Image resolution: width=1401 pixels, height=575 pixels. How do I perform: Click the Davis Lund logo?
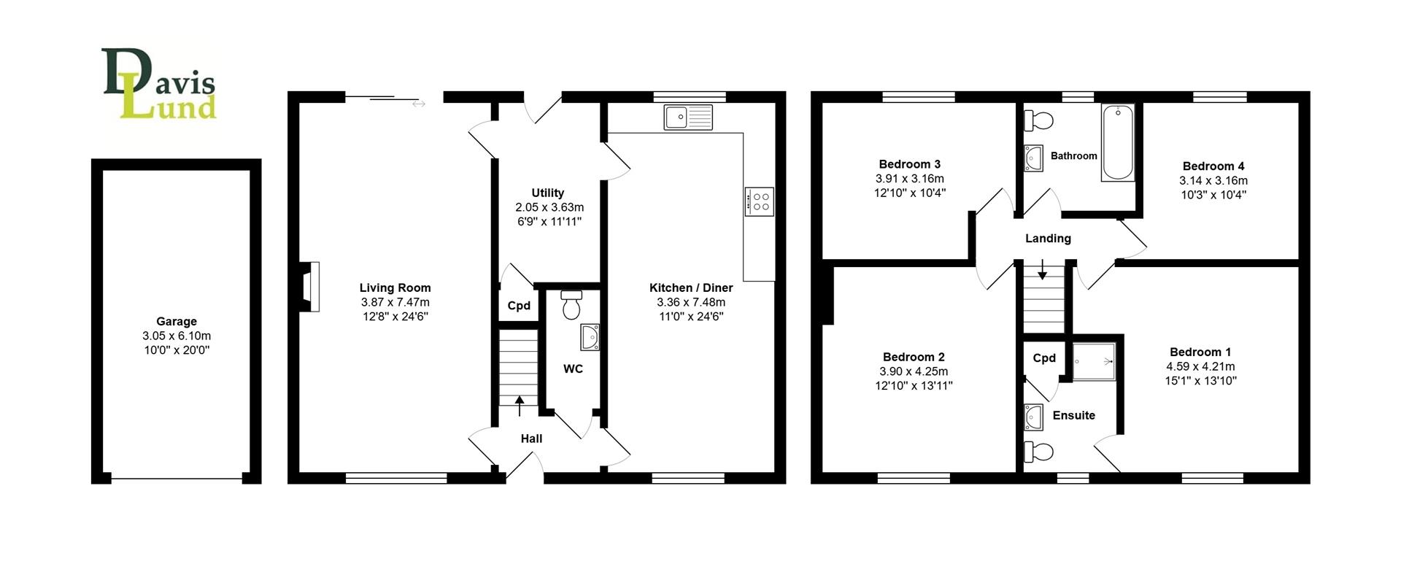tap(159, 84)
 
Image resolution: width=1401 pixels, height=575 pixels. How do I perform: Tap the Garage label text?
tap(176, 321)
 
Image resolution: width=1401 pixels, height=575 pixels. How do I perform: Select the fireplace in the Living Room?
tap(311, 287)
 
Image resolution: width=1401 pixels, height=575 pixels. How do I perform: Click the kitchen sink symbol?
tap(687, 117)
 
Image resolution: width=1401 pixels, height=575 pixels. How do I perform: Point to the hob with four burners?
tap(759, 201)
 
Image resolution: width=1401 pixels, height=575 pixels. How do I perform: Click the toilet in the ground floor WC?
tap(571, 304)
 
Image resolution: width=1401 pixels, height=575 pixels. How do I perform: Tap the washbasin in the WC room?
tap(590, 338)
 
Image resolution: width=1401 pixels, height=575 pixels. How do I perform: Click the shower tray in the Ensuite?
tap(1094, 361)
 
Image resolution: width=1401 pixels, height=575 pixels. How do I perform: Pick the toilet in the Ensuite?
tap(1038, 452)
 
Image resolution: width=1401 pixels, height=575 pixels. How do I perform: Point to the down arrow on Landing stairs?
tap(1042, 270)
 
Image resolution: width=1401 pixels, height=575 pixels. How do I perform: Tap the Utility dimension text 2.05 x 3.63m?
tap(549, 207)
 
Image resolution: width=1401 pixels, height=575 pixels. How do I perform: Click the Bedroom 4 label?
tap(1213, 166)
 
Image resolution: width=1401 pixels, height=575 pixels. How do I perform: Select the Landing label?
tap(1048, 239)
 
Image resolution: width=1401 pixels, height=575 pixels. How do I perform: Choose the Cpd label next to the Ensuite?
tap(1044, 358)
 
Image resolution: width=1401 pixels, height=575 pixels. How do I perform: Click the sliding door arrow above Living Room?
tap(418, 104)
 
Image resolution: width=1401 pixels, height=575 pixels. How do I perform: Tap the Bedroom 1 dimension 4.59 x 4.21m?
tap(1200, 366)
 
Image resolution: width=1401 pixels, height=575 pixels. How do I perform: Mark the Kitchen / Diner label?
tap(690, 287)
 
